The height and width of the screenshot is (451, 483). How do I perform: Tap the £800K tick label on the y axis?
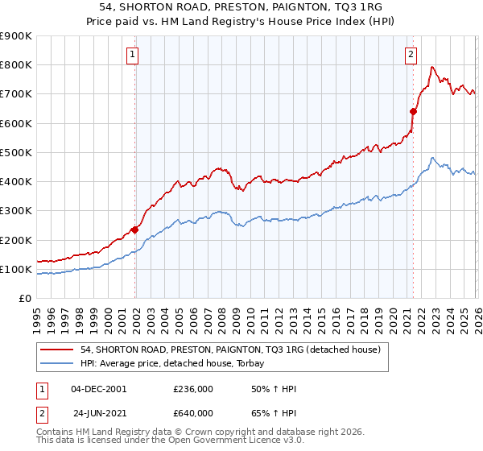16,65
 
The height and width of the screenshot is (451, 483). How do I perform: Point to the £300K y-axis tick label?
16,211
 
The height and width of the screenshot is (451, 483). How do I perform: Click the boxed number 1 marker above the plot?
132,55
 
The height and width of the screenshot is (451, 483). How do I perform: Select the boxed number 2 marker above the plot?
411,55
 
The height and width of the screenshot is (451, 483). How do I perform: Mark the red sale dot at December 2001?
134,230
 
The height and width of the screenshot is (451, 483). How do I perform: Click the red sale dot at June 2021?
413,112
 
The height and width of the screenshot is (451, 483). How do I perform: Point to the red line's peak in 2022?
432,67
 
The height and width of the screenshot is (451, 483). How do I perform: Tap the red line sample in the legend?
58,349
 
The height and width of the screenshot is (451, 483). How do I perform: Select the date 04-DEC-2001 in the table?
98,389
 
